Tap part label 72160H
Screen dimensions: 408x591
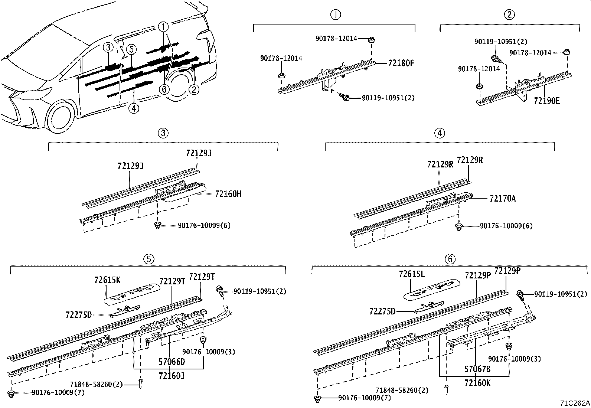tap(228, 194)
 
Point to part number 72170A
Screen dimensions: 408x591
tap(502, 199)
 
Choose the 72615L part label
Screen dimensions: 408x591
tap(411, 274)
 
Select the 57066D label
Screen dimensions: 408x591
tap(172, 362)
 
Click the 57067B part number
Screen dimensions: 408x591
tap(477, 369)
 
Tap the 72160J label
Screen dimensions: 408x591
tap(172, 376)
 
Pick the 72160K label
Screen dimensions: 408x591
tap(477, 383)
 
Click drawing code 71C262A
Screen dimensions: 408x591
tap(575, 403)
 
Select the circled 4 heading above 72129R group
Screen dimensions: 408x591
tap(440, 133)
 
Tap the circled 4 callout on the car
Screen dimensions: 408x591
tap(134, 108)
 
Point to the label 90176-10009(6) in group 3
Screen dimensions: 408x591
tap(204, 225)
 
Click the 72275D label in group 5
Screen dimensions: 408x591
tap(78, 315)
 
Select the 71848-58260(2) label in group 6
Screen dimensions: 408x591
tap(402, 390)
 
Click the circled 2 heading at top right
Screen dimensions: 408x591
tap(509, 14)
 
